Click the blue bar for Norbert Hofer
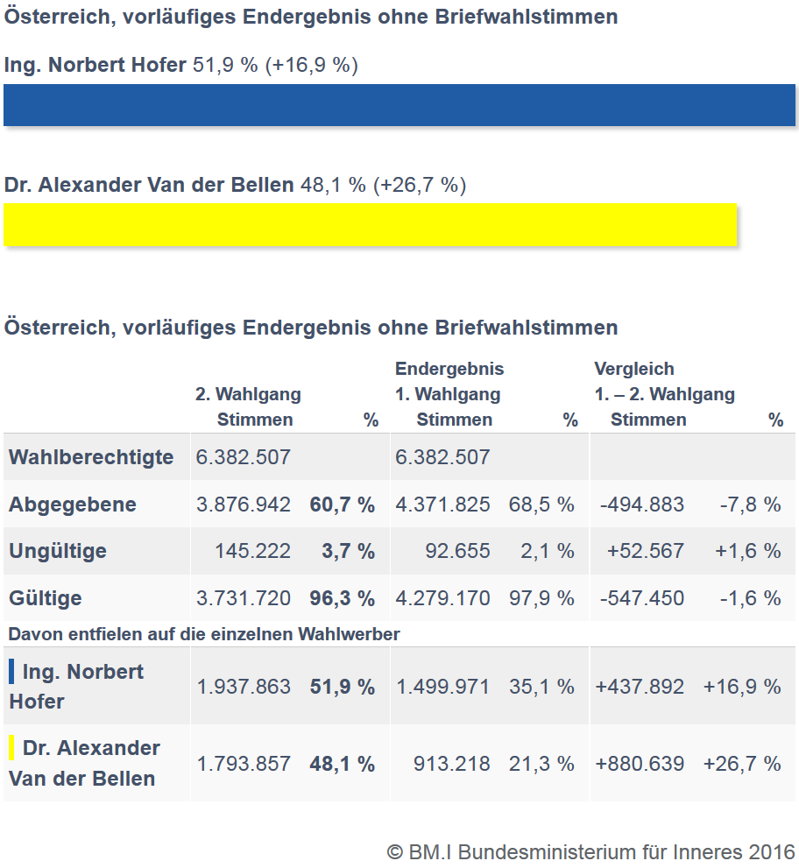pos(399,105)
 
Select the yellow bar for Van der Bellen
pos(370,225)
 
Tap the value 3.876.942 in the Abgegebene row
pos(244,505)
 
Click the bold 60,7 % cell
pos(342,505)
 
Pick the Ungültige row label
pos(58,551)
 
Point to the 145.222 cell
pos(252,551)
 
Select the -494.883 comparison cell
pos(642,505)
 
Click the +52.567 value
pos(646,551)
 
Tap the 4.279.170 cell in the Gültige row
pos(442,598)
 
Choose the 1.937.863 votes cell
pos(244,687)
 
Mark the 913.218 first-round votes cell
pos(451,764)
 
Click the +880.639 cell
pos(640,764)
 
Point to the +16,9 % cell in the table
pos(741,687)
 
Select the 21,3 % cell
pos(541,764)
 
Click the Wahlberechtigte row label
pos(91,457)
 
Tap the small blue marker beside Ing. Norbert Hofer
pos(11,672)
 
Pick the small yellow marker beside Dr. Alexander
pos(11,748)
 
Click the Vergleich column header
pos(634,369)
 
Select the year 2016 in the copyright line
pos(772,851)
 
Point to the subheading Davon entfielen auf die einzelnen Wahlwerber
pos(204,634)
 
